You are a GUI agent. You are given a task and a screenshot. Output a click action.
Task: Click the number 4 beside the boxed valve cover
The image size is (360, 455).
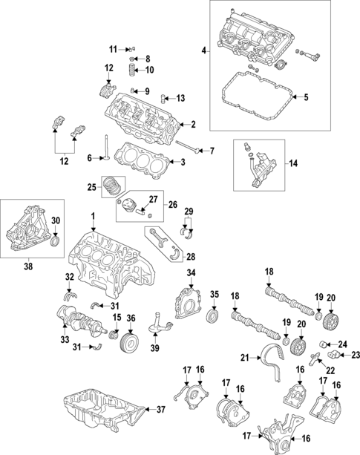coord(205,50)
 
